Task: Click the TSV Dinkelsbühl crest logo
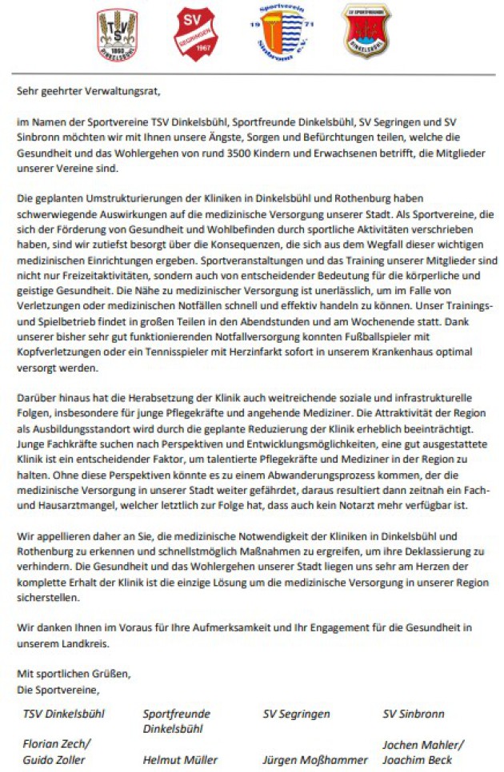[117, 35]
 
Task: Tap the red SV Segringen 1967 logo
[195, 34]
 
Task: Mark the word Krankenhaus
[401, 329]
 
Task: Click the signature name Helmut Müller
[180, 759]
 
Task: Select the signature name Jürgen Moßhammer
[315, 759]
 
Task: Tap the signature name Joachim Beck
[416, 759]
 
